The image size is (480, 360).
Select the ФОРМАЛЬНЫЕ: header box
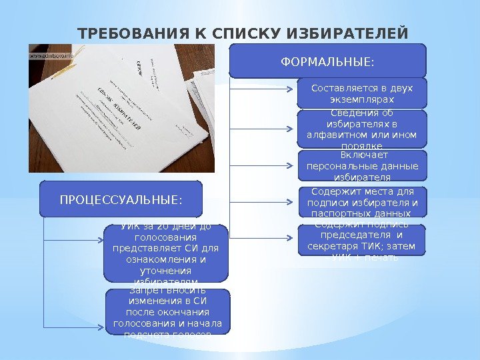click(327, 61)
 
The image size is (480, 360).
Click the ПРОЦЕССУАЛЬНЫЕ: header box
click(121, 199)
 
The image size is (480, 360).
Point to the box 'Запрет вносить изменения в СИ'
click(167, 311)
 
